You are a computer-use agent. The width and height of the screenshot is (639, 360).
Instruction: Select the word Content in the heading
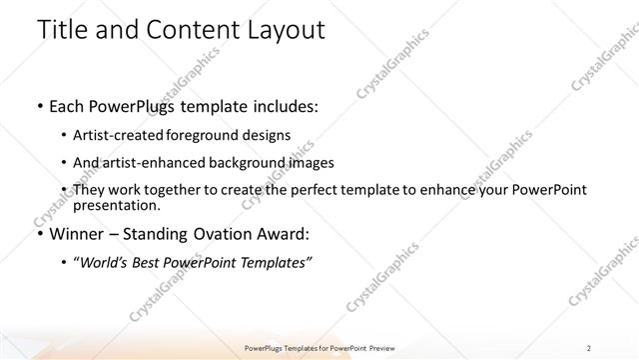click(189, 30)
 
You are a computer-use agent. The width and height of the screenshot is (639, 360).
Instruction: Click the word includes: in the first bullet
click(284, 105)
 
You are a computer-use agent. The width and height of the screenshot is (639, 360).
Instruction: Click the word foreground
click(216, 135)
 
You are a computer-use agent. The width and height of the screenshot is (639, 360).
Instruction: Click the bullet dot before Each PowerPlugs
click(38, 105)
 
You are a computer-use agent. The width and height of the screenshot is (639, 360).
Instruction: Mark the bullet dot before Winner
click(38, 235)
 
